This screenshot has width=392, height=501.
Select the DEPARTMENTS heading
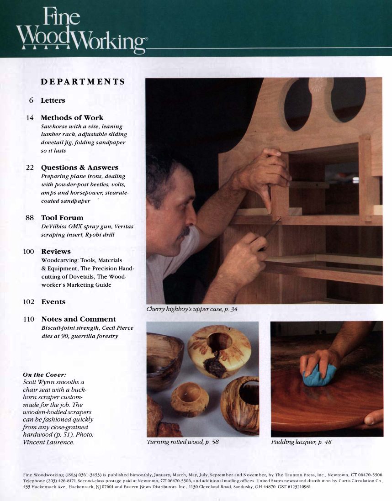[x=83, y=82]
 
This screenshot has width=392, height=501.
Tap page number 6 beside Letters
[x=31, y=100]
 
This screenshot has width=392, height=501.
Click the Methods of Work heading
[x=72, y=117]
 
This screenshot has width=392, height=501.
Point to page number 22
[x=30, y=168]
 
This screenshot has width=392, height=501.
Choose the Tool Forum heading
[x=62, y=218]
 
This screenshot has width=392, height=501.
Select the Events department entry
[x=53, y=302]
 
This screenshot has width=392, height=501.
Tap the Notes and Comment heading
[x=79, y=319]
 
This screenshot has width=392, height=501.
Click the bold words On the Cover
[x=45, y=374]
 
